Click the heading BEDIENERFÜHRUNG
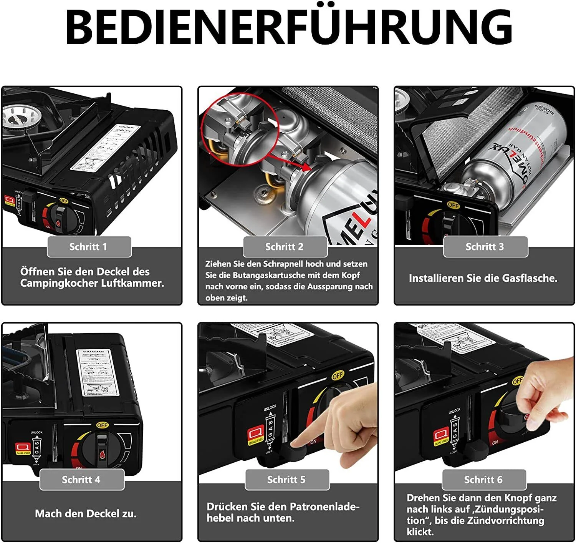tap(288, 27)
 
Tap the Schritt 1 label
tap(88, 247)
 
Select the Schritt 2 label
tap(285, 247)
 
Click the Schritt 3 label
tap(485, 247)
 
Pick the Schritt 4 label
tap(81, 480)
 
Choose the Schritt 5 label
tap(286, 480)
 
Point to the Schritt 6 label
tap(483, 480)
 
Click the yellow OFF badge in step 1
tap(64, 201)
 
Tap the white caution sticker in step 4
tap(98, 373)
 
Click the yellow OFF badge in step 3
tap(453, 205)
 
